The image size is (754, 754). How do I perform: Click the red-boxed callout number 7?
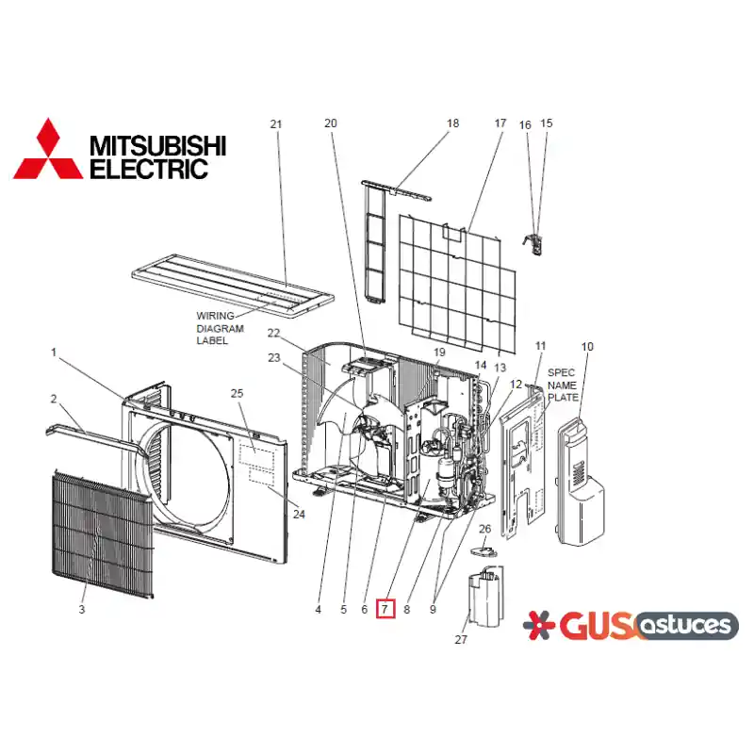click(x=385, y=609)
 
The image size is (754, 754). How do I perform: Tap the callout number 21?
click(x=275, y=124)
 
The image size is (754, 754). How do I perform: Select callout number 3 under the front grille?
click(x=82, y=609)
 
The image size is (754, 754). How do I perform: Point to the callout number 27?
click(x=461, y=639)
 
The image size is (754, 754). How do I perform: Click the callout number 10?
click(x=587, y=346)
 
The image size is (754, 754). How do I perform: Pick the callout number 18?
click(x=452, y=123)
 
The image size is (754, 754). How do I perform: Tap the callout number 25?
click(x=237, y=393)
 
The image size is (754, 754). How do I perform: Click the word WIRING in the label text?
click(x=215, y=316)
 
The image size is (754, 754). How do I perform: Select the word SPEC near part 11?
click(x=561, y=372)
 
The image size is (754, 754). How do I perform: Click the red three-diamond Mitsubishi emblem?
click(x=48, y=150)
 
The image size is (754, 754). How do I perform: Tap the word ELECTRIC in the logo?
click(x=149, y=170)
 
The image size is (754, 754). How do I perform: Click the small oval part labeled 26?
click(x=484, y=550)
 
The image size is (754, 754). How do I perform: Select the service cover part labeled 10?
click(x=581, y=482)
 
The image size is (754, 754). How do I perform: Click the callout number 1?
click(x=54, y=352)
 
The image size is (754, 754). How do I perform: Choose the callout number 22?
click(x=273, y=333)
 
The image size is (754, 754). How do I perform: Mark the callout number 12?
click(x=516, y=384)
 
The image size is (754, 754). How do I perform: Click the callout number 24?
click(x=299, y=514)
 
